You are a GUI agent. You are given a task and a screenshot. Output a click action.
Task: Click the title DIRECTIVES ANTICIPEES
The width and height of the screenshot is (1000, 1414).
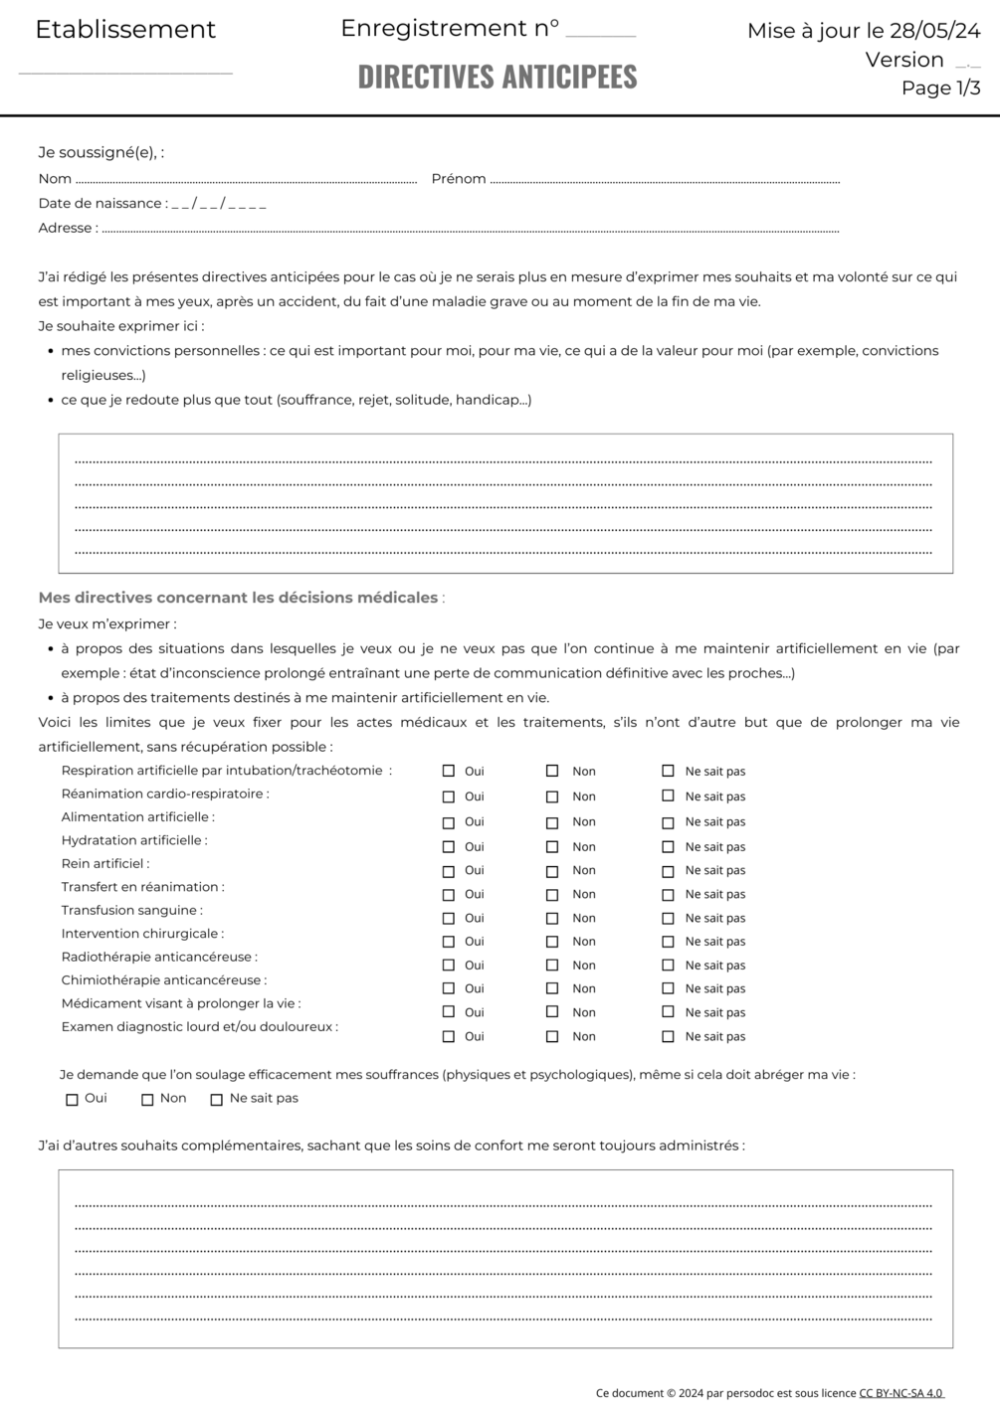tap(498, 77)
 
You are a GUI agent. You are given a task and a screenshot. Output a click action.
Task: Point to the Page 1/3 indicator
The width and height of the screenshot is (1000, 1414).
tap(940, 88)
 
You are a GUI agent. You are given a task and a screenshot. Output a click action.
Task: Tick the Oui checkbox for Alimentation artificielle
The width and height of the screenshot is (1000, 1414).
tap(449, 823)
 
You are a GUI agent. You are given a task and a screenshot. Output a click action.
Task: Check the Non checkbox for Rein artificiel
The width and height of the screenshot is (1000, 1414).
tap(552, 872)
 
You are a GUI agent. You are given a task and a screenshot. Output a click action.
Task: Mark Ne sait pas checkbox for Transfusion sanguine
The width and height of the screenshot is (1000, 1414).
tap(668, 918)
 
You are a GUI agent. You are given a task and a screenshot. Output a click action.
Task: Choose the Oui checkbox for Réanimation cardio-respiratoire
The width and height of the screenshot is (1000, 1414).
tap(449, 797)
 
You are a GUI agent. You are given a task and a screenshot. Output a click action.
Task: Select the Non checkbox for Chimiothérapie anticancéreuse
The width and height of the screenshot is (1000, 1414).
tap(552, 988)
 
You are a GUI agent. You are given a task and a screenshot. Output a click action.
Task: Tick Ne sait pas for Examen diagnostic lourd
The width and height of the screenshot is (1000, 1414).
tap(668, 1036)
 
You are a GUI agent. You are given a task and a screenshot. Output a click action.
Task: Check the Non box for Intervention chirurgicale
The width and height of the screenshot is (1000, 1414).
tap(552, 942)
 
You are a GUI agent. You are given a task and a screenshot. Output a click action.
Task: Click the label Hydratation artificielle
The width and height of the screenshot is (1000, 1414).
tap(134, 840)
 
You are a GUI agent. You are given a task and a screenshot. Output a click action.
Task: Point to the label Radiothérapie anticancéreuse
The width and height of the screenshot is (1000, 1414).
tap(159, 957)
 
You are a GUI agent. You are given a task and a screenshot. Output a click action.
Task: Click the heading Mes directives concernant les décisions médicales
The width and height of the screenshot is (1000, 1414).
tap(239, 598)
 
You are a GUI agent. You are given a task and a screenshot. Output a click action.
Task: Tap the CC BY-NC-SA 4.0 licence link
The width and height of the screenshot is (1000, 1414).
tap(901, 1393)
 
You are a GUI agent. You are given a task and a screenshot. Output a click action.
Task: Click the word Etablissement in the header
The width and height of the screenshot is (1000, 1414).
tap(125, 30)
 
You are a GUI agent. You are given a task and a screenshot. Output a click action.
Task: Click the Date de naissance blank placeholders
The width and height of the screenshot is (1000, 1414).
tap(219, 204)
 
